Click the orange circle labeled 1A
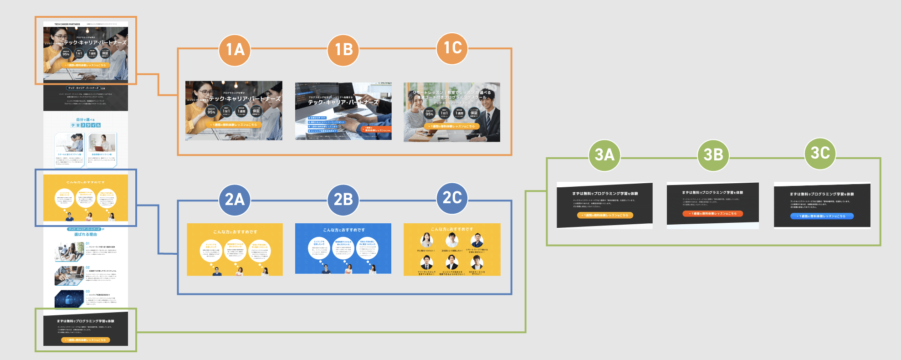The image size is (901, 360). tap(235, 50)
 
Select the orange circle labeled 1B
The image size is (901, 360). tap(343, 50)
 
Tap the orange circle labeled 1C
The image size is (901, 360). tap(452, 48)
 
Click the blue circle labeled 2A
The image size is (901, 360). tap(235, 200)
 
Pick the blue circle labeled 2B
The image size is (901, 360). tap(343, 200)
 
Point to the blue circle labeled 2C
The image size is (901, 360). tap(452, 198)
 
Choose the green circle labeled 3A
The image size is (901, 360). tap(604, 155)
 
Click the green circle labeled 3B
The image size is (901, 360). tap(713, 155)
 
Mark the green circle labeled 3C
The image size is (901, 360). tap(820, 153)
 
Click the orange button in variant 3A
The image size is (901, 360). tap(605, 215)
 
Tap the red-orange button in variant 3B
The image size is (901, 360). tap(712, 213)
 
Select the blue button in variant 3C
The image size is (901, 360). tap(822, 216)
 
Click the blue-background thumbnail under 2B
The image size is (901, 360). tap(343, 248)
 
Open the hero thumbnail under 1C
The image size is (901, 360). tap(452, 112)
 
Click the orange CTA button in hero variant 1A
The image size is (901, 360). tap(234, 124)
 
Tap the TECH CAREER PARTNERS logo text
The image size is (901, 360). tap(67, 24)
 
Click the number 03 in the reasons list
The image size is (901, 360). tap(88, 291)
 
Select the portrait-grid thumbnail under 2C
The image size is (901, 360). tap(452, 249)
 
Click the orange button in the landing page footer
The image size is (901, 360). tap(86, 340)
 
